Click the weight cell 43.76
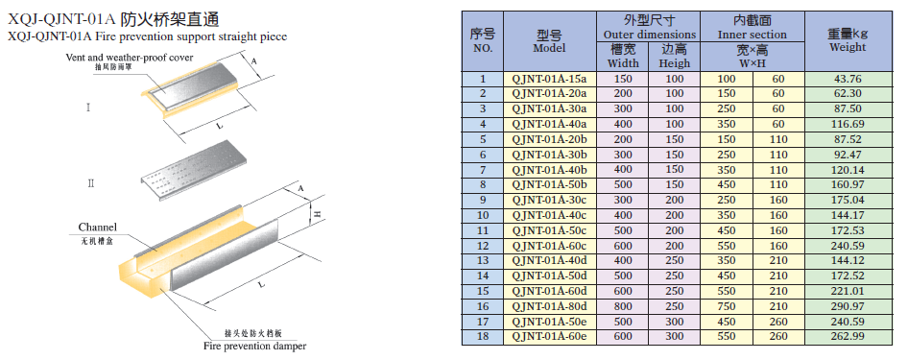(x=848, y=79)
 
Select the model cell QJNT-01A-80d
(x=550, y=305)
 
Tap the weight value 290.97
(x=848, y=305)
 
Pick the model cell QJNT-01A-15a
(x=550, y=79)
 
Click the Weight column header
(x=848, y=40)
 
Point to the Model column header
(x=550, y=41)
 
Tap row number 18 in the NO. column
(x=483, y=336)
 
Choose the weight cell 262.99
(x=848, y=336)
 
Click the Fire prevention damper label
(x=254, y=347)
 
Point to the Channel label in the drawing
(x=97, y=227)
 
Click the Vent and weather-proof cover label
(x=130, y=58)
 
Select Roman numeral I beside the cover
(x=88, y=108)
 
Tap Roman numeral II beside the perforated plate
(x=91, y=184)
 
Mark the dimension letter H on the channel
(x=318, y=214)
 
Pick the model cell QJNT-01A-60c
(x=550, y=245)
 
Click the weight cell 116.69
(x=848, y=124)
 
